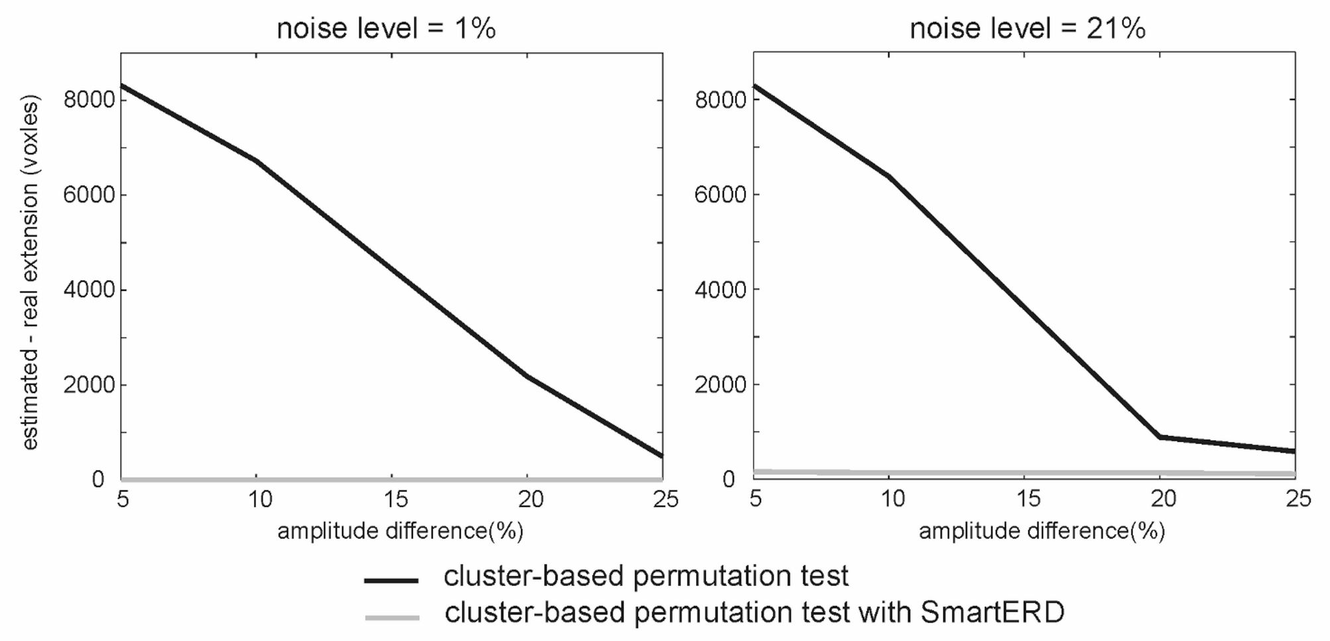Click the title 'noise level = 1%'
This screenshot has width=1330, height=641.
tap(386, 29)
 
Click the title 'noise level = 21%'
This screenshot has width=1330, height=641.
tap(1027, 29)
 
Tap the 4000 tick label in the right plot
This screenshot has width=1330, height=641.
tap(720, 290)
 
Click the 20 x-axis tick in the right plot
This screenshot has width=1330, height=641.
tap(1163, 498)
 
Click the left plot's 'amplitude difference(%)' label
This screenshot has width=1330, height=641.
tap(400, 531)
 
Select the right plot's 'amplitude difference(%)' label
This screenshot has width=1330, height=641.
tap(1042, 531)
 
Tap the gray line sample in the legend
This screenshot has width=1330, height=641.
tap(392, 618)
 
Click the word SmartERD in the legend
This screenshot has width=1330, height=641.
tap(992, 612)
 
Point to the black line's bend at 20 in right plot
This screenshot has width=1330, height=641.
tap(1160, 437)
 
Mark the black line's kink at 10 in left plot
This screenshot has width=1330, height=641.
tap(257, 160)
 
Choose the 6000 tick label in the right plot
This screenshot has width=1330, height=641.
tap(720, 195)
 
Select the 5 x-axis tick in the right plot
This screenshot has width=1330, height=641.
tap(755, 498)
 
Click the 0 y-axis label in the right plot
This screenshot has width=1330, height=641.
tap(729, 479)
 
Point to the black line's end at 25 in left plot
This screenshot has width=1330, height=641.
tap(661, 455)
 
